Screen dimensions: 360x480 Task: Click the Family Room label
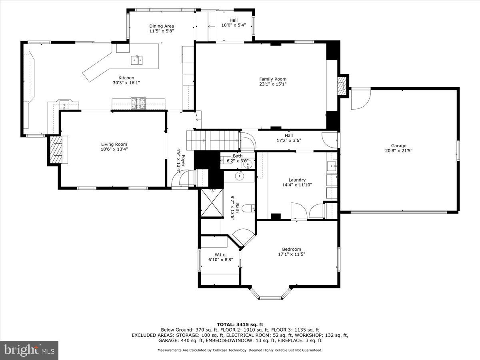click(272, 79)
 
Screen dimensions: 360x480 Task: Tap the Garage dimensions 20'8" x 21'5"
click(398, 151)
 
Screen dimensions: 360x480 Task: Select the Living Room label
click(114, 144)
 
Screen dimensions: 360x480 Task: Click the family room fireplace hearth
click(341, 85)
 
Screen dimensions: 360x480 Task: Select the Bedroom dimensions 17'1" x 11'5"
click(291, 254)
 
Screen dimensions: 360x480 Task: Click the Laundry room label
click(297, 180)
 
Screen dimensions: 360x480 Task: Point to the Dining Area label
click(161, 26)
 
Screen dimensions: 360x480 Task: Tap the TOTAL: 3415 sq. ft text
click(240, 324)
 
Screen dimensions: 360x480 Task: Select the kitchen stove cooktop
click(138, 104)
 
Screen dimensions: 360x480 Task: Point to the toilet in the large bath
click(249, 208)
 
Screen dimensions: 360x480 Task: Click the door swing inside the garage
click(360, 98)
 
